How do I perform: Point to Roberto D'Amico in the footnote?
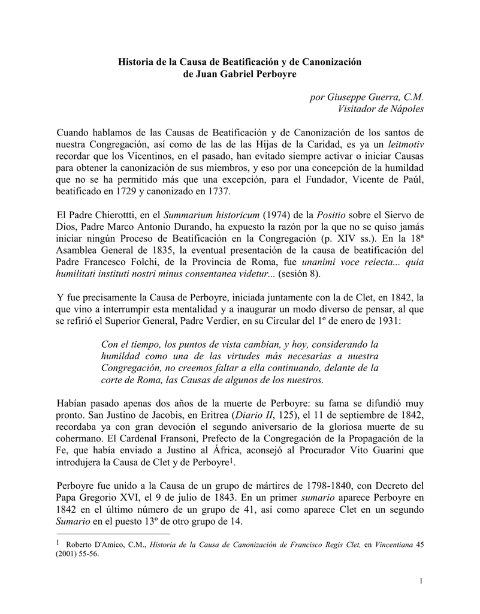tap(93, 544)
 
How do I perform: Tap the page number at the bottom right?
tap(422, 580)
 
